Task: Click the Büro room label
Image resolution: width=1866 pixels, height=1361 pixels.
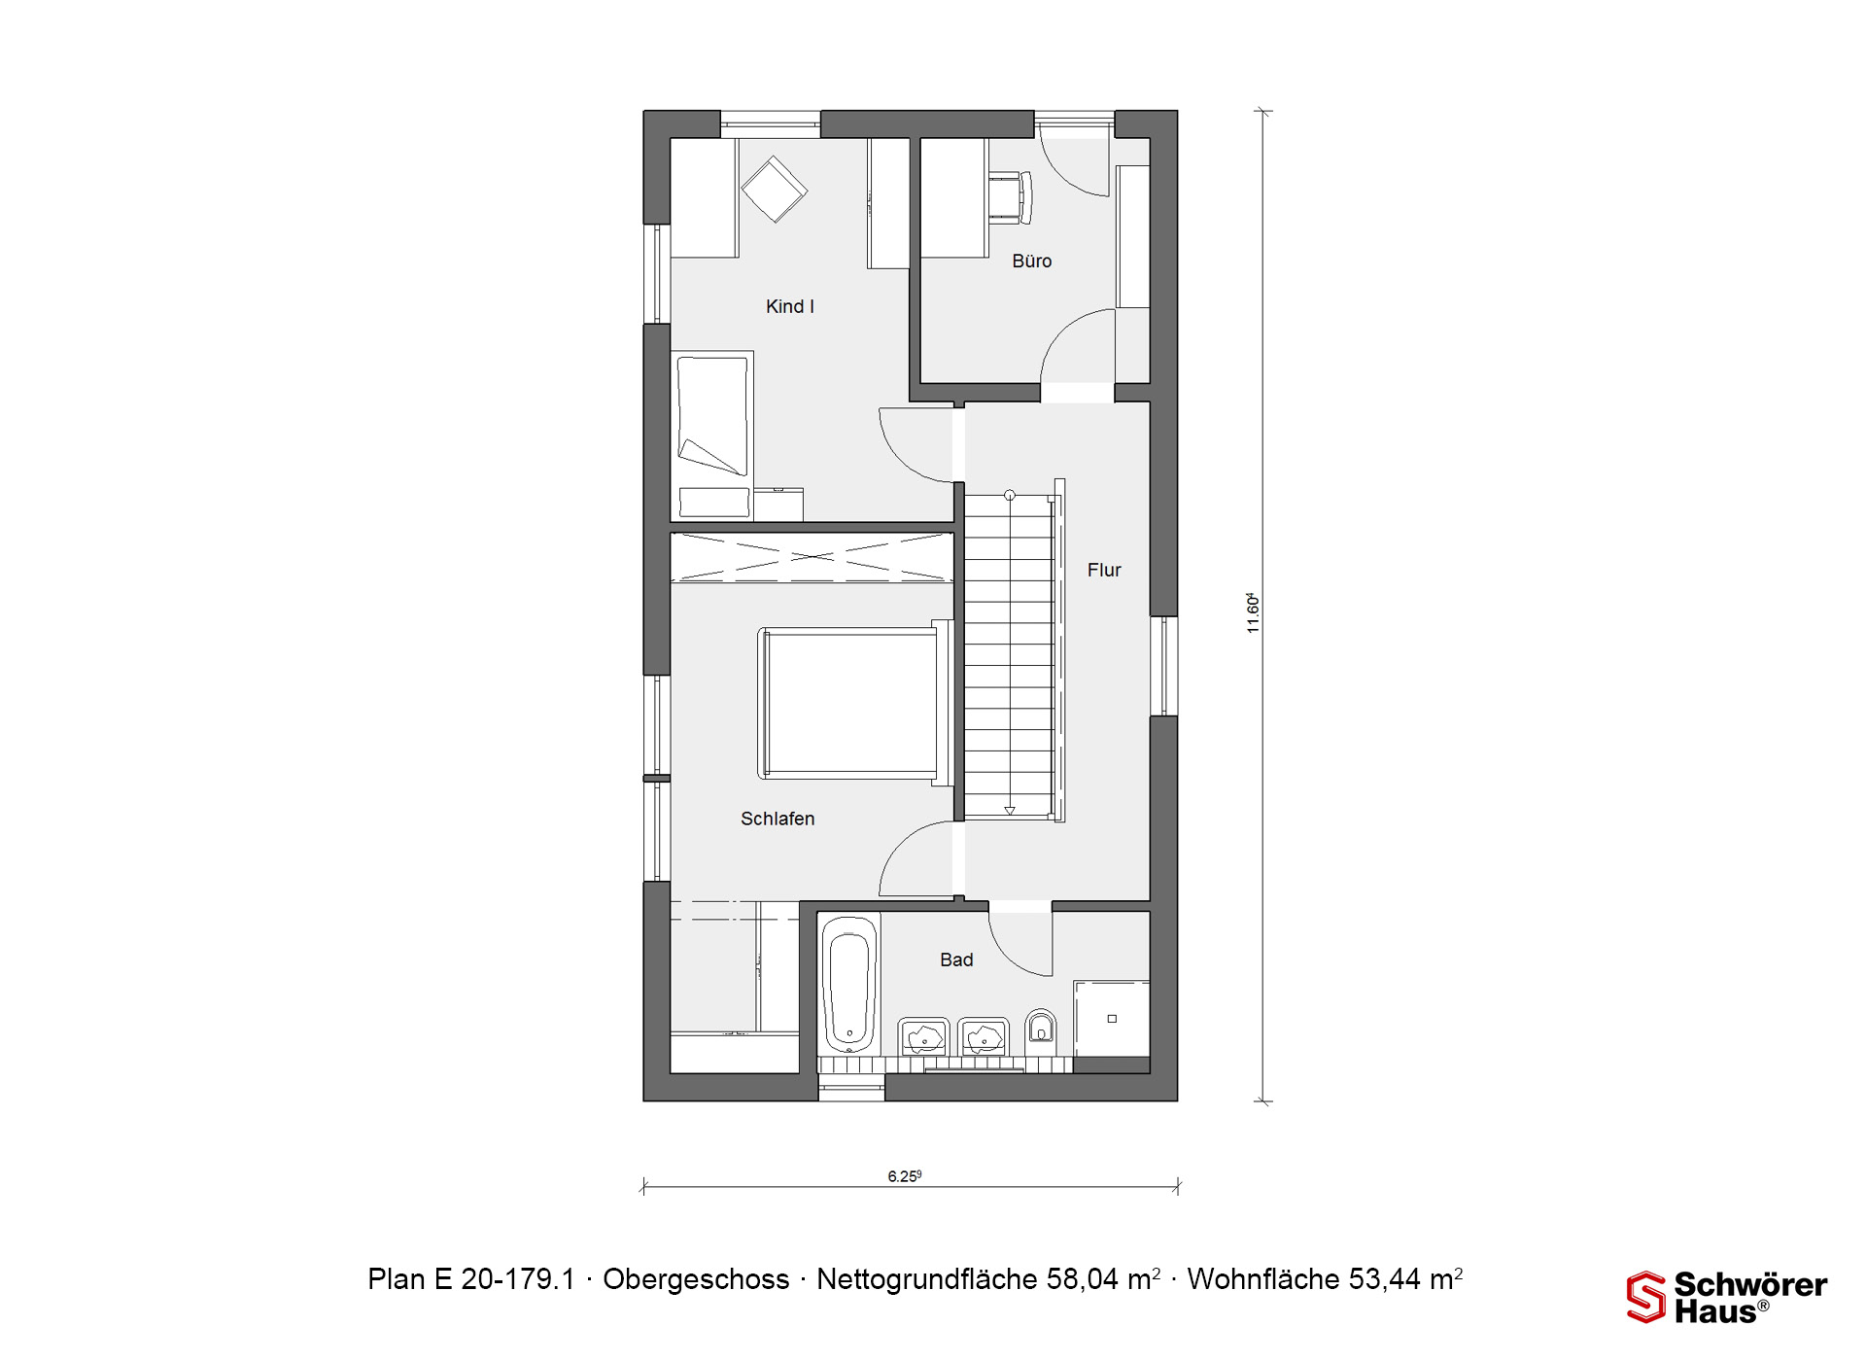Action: [x=1031, y=261]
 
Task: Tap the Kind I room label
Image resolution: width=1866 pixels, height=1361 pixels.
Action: [x=789, y=306]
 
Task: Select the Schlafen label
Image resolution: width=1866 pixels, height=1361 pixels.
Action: [x=777, y=819]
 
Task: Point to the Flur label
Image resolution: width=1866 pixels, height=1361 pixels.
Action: [x=1104, y=570]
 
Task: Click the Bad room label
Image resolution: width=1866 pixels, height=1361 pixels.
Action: [x=956, y=960]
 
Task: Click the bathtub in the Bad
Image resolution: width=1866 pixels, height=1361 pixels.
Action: [x=849, y=985]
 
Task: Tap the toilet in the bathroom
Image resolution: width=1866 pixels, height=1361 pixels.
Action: [x=1041, y=1029]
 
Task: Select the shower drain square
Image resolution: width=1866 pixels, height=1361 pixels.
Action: [x=1112, y=1019]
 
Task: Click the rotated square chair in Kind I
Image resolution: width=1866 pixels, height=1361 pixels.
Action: [x=774, y=190]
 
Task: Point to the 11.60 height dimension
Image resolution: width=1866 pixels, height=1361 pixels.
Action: [x=1253, y=613]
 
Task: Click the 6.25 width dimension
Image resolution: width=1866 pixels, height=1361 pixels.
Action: [x=904, y=1176]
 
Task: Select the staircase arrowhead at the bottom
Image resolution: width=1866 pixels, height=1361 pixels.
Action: [x=1010, y=811]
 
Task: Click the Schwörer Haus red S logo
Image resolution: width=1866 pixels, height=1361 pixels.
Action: [x=1646, y=1297]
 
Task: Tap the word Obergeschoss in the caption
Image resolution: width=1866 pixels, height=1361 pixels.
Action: [x=696, y=1279]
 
